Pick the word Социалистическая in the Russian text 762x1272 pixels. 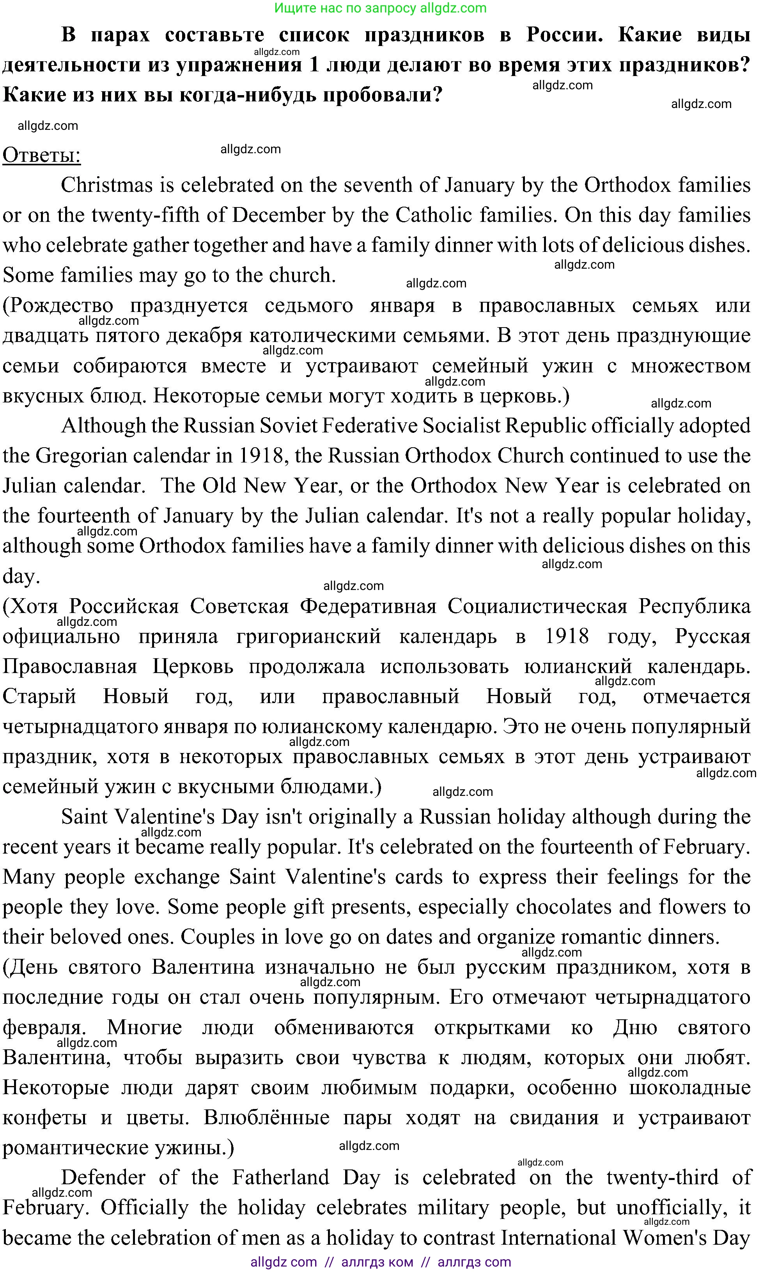[x=537, y=607]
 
